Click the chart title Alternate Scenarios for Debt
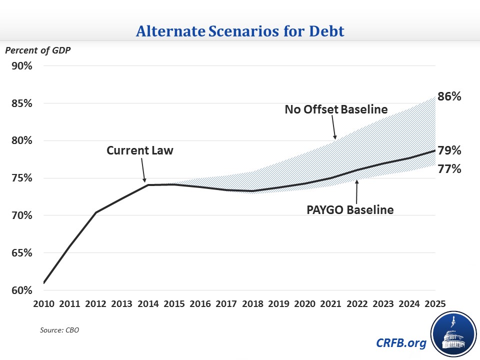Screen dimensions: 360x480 tap(240, 31)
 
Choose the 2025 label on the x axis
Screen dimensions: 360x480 tap(436, 303)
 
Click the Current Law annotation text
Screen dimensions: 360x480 tap(140, 150)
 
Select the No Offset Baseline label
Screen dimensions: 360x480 tap(336, 109)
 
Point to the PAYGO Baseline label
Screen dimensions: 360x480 tap(350, 209)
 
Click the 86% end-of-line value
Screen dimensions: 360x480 tap(449, 96)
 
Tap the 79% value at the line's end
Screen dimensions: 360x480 tap(449, 150)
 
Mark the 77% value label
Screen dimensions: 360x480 tap(449, 169)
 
